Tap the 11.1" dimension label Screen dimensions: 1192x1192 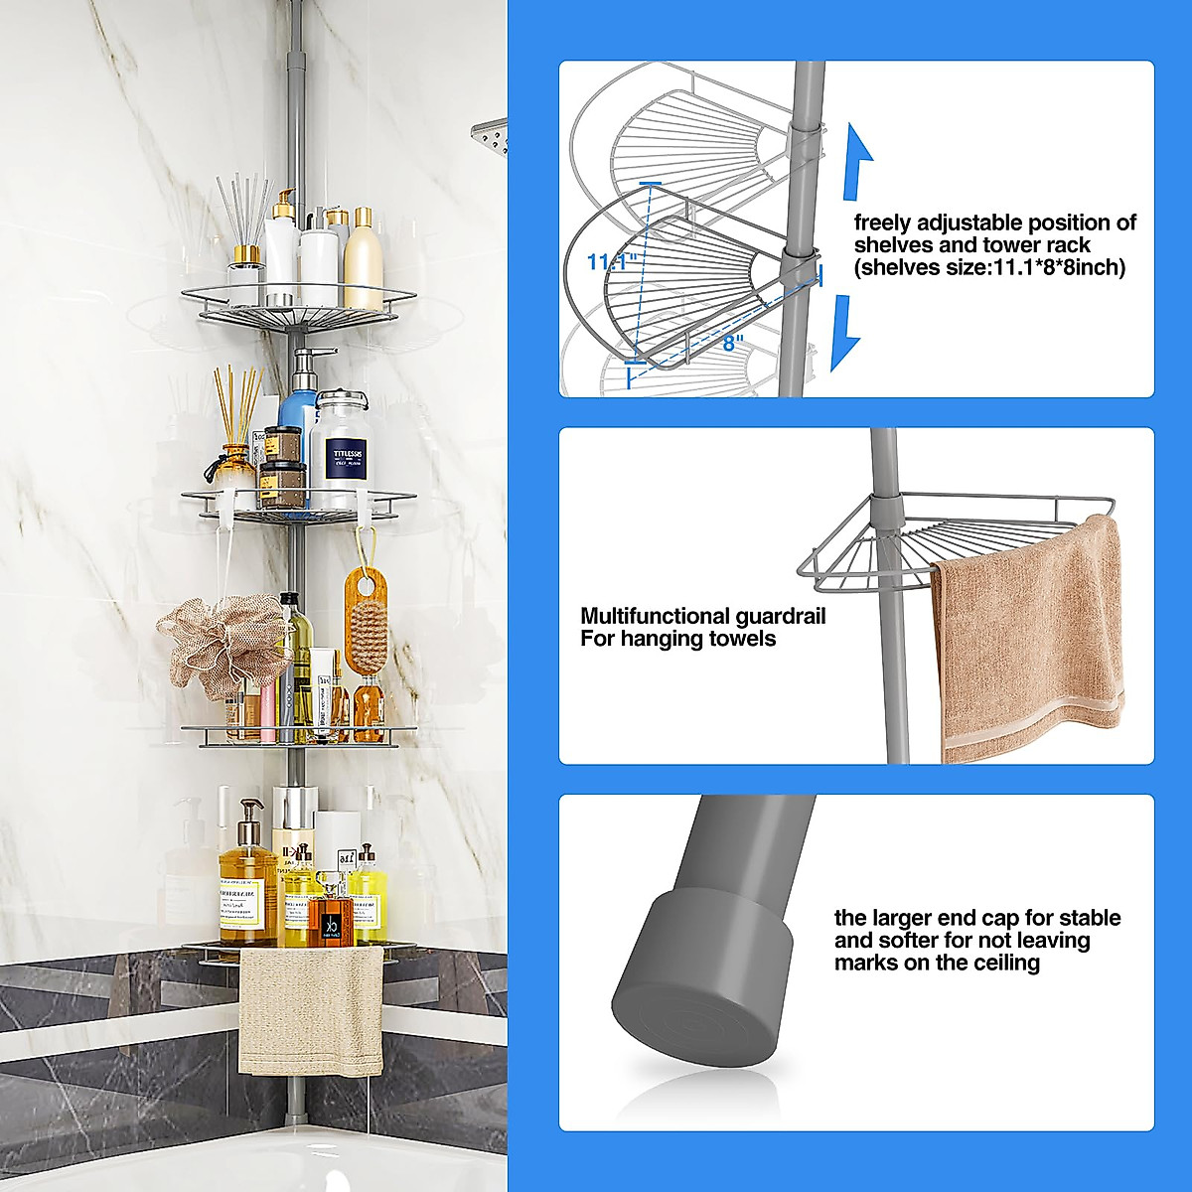pyautogui.click(x=610, y=262)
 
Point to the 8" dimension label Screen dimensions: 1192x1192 pyautogui.click(x=733, y=343)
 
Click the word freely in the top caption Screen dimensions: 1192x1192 pyautogui.click(x=882, y=223)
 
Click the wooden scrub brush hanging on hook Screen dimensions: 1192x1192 pyautogui.click(x=365, y=621)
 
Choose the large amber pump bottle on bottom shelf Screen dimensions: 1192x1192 pyautogui.click(x=246, y=889)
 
